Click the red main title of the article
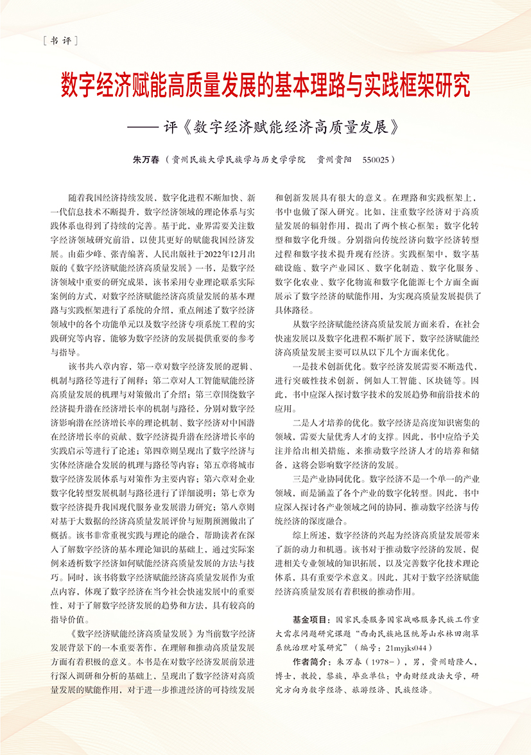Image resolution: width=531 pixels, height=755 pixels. pyautogui.click(x=265, y=85)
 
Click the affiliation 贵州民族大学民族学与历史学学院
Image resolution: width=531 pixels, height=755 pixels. pyautogui.click(x=235, y=159)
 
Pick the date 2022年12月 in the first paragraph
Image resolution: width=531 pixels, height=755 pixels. pyautogui.click(x=214, y=256)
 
